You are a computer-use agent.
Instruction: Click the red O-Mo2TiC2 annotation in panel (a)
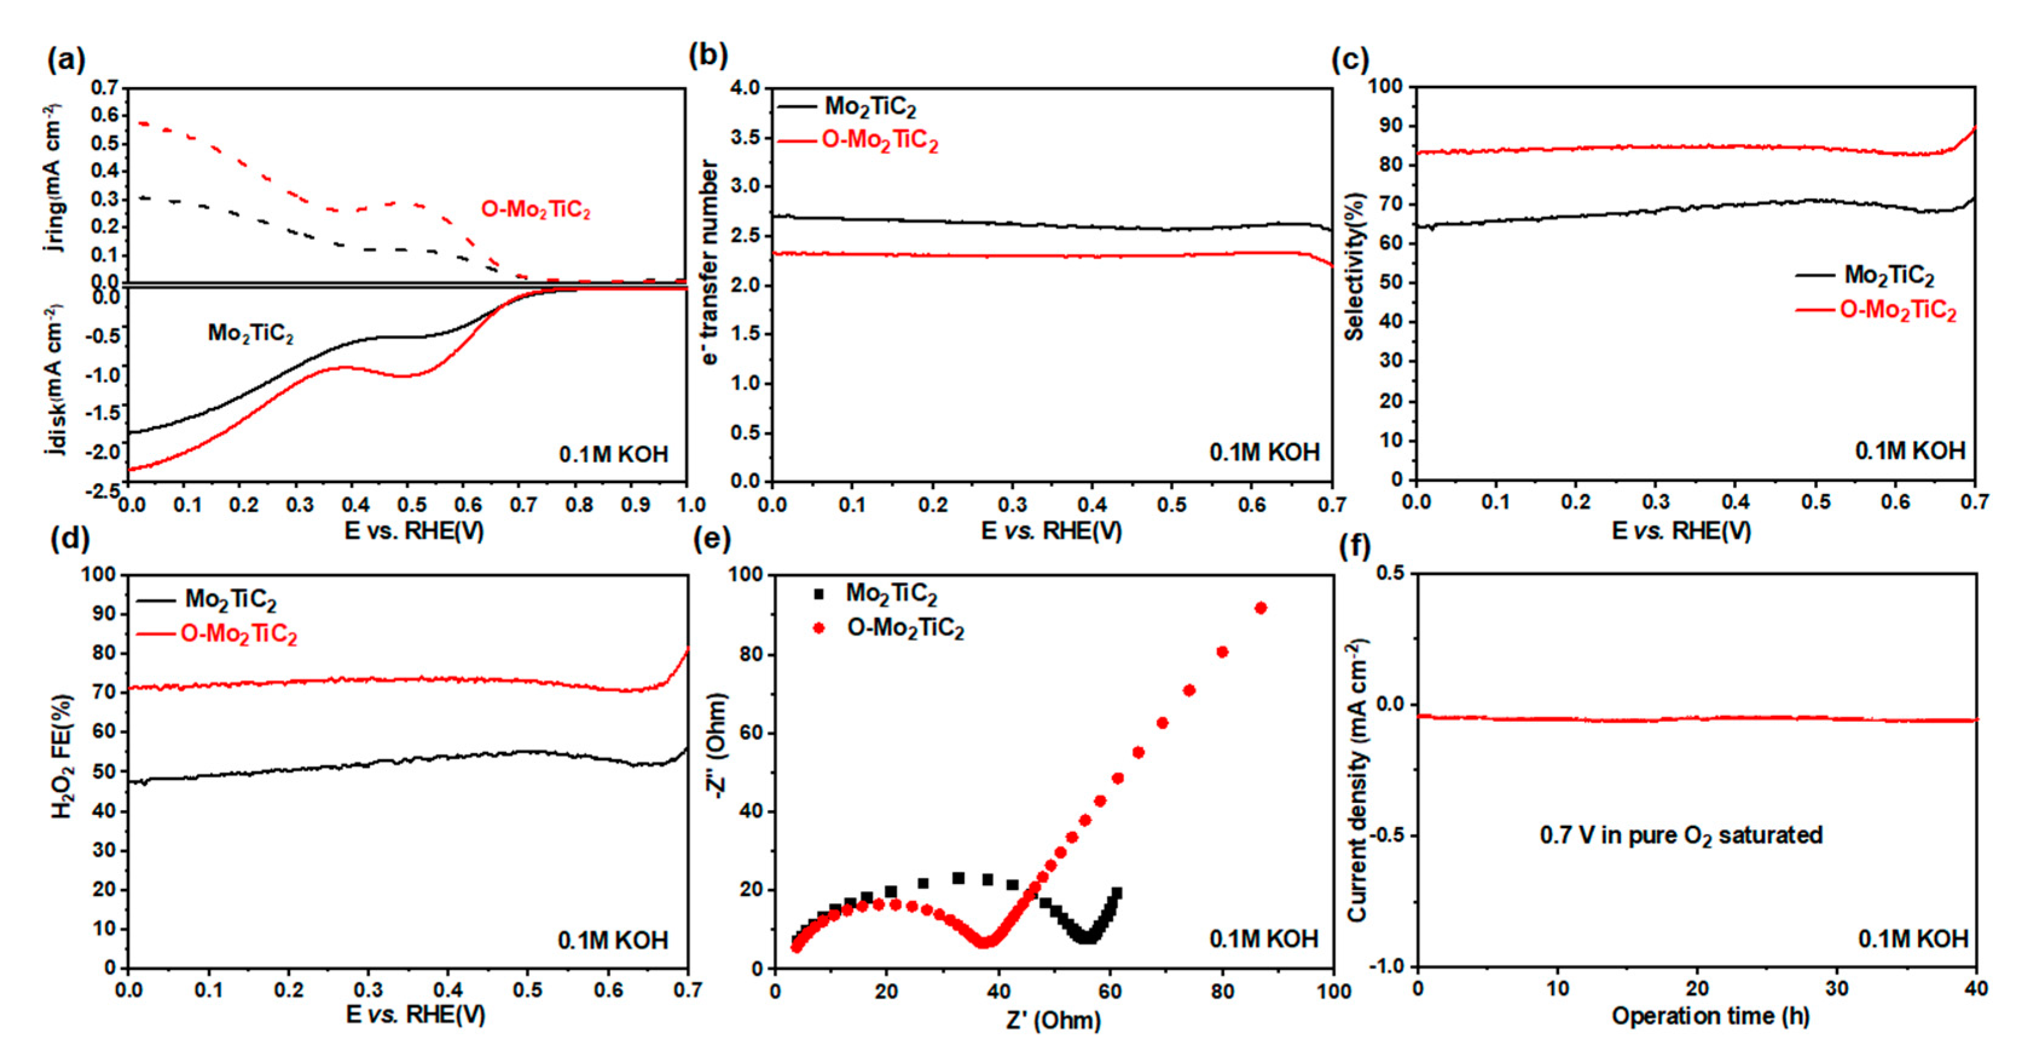click(x=535, y=210)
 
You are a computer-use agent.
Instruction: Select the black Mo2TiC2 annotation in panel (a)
click(x=250, y=334)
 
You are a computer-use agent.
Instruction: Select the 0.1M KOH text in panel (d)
click(x=613, y=940)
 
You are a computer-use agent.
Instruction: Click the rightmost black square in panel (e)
click(x=1116, y=893)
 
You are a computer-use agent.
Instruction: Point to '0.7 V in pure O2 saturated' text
click(x=1681, y=835)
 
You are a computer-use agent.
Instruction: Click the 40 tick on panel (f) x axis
click(x=1976, y=988)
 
